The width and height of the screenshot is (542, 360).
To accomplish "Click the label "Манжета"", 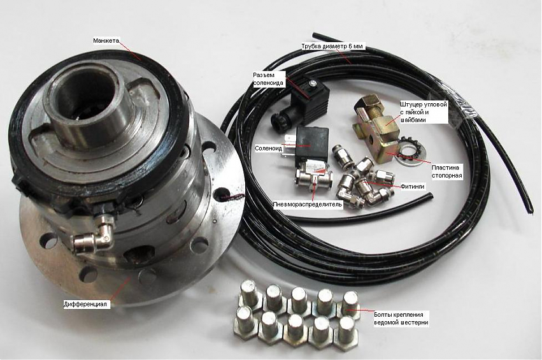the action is (x=106, y=41).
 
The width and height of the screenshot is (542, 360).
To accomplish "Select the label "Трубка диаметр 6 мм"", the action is (x=333, y=46).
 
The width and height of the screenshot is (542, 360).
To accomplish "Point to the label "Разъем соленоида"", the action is (x=268, y=79).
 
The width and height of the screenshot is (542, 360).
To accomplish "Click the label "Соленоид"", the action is (x=268, y=148).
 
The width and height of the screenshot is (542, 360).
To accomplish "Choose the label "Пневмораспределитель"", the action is (x=308, y=204).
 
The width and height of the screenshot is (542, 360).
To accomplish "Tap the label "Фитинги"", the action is (x=412, y=187).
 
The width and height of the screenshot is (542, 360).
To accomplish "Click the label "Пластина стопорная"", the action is (x=446, y=171).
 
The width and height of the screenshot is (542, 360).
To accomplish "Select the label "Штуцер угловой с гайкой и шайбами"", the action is (x=424, y=112).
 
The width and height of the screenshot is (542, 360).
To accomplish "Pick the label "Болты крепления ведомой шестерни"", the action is (x=401, y=319).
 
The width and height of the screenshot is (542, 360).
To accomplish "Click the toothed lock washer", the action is (x=410, y=147).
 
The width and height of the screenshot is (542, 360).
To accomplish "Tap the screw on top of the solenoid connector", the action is (x=313, y=82).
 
